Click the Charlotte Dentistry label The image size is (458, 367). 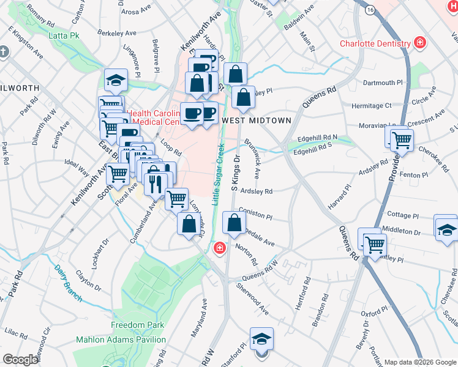tap(375, 43)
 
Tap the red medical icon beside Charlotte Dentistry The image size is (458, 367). tap(420, 43)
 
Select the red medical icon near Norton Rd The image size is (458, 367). tap(219, 248)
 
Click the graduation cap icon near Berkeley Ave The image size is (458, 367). tap(114, 80)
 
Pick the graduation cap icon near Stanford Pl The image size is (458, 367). tap(261, 338)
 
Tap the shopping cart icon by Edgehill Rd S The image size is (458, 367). tap(402, 139)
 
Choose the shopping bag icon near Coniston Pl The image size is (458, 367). tap(234, 223)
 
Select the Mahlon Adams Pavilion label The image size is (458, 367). tap(121, 339)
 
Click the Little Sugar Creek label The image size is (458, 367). tap(216, 171)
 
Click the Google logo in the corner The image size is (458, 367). tap(21, 360)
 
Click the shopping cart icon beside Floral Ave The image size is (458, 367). tap(118, 174)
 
